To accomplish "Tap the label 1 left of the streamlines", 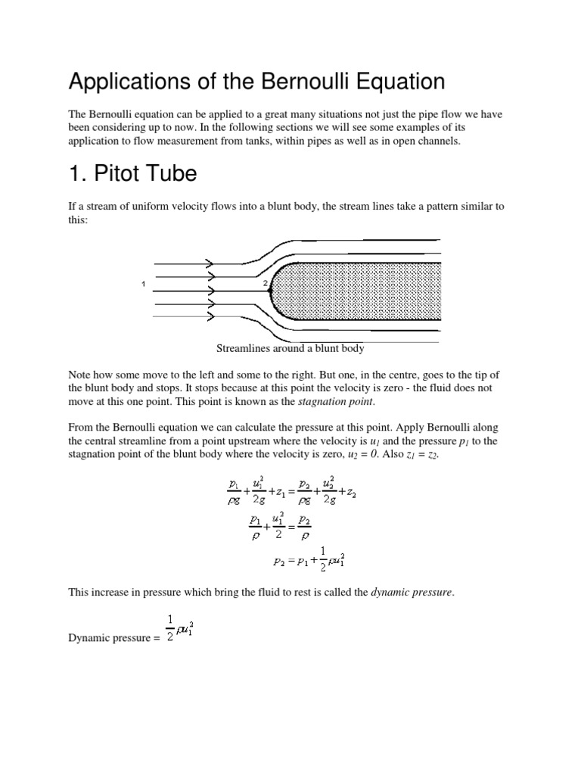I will [143, 284].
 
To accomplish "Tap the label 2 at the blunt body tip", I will [265, 284].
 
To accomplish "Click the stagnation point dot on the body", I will [271, 290].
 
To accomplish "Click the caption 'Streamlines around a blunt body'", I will [290, 349].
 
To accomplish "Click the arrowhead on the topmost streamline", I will [208, 263].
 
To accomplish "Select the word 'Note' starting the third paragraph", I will [80, 375].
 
